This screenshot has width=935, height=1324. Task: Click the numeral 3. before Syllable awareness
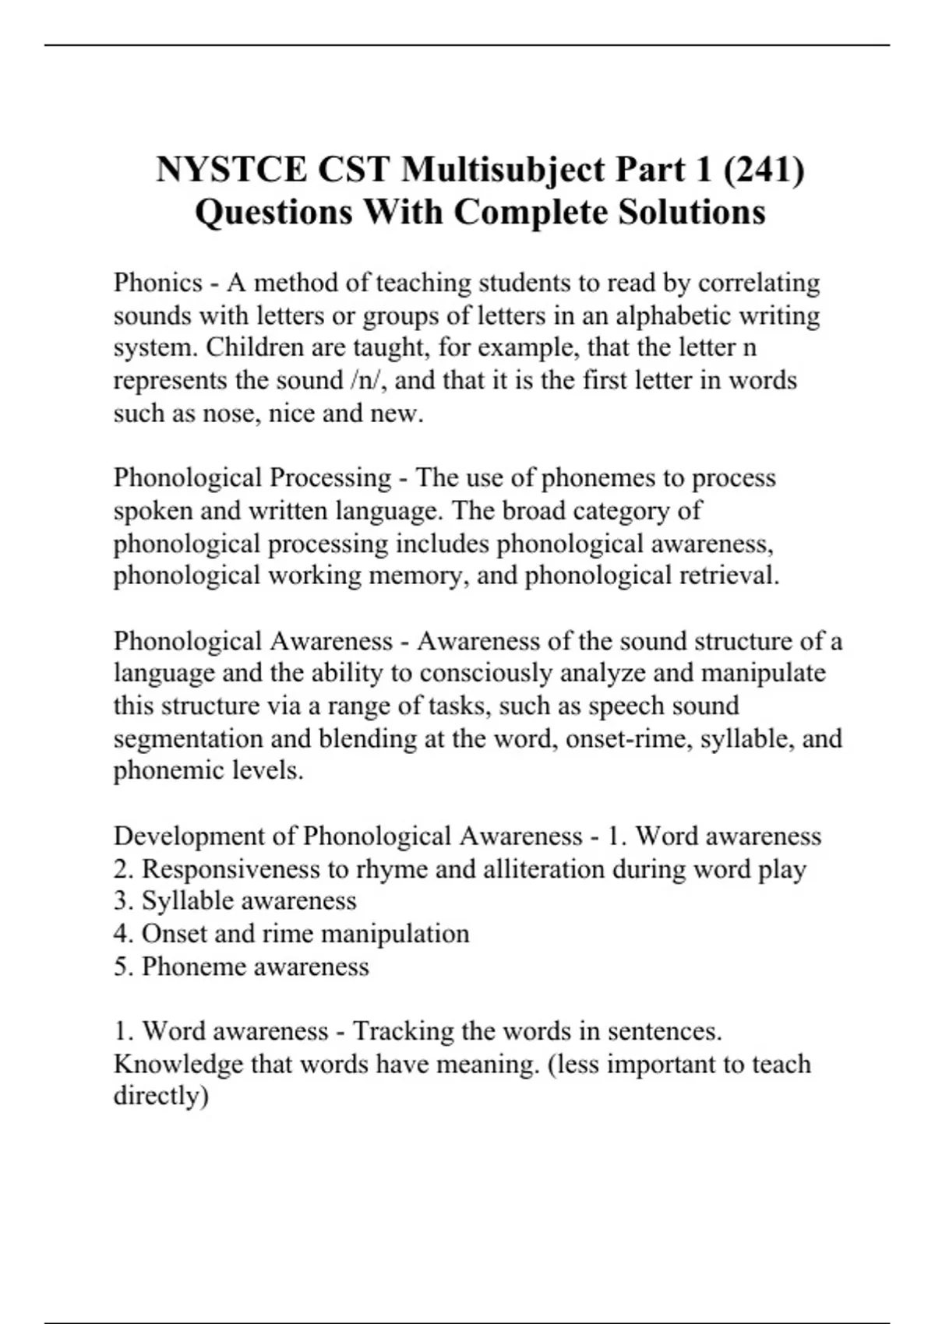(x=124, y=900)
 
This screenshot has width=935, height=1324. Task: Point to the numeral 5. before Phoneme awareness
(x=124, y=966)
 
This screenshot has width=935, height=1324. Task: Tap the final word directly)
(x=161, y=1096)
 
